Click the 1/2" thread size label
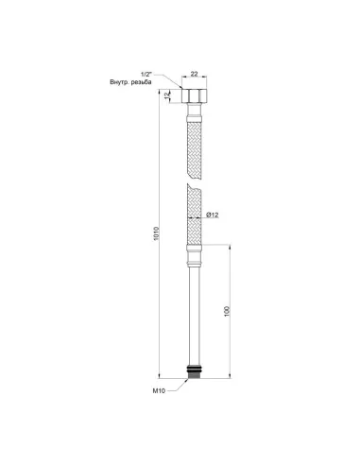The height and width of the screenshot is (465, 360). [x=146, y=75]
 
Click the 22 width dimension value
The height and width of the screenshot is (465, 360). [x=195, y=74]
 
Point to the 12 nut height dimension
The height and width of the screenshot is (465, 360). [x=166, y=95]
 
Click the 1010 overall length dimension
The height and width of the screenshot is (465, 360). [x=156, y=233]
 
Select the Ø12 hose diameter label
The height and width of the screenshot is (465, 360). [x=213, y=215]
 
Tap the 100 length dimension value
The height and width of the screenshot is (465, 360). [x=228, y=311]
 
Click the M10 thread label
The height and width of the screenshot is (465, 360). [x=159, y=391]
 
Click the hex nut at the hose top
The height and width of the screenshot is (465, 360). [x=195, y=95]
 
